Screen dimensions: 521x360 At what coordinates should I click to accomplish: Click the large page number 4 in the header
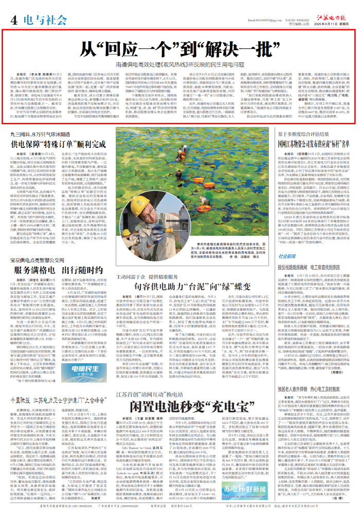click(13, 20)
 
